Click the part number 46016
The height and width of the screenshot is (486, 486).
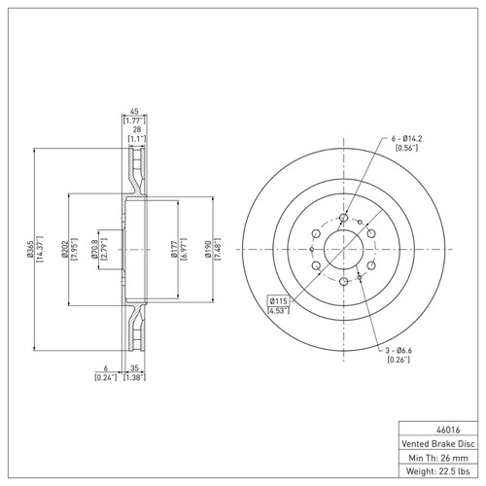coord(448,430)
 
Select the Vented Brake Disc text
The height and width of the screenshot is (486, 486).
coord(438,443)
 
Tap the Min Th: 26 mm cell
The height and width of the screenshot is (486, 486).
coord(438,458)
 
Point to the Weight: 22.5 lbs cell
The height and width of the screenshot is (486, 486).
coord(438,471)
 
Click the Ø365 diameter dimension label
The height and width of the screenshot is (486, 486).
coord(30,249)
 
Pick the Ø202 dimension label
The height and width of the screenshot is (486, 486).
coord(64,249)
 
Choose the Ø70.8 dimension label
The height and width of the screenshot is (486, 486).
coord(94,249)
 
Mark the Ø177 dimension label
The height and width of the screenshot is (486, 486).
coord(174,249)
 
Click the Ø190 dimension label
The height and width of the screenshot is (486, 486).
coord(208,249)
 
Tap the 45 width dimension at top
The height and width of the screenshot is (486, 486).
coord(134,111)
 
